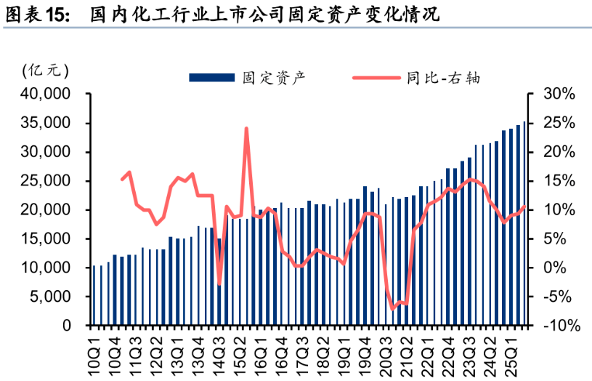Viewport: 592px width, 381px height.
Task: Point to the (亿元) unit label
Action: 46,71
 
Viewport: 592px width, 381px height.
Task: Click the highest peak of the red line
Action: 246,129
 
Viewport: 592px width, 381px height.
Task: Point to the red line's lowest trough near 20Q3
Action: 393,309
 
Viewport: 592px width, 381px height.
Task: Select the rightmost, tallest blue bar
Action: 524,224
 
